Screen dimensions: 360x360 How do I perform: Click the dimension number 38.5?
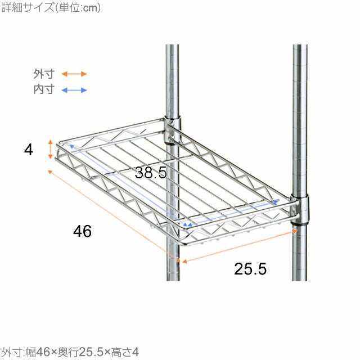151,173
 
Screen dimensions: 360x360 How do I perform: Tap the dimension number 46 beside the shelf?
82,231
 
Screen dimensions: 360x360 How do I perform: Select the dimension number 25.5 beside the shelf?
250,269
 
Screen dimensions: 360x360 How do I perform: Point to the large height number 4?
29,150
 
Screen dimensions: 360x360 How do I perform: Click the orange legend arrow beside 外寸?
74,74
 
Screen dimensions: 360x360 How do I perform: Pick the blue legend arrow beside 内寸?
74,90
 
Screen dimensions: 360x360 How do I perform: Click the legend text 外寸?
44,74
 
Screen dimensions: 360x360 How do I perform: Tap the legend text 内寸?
44,89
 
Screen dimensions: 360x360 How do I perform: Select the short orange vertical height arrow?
51,150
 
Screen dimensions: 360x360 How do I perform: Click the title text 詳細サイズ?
28,7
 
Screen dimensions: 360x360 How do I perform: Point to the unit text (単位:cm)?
78,8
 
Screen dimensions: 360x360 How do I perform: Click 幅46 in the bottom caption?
38,352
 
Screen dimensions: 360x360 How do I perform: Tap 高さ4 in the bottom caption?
124,352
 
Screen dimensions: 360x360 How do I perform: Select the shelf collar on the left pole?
173,130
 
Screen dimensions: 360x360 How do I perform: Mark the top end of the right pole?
300,45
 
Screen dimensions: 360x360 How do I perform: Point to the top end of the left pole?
172,45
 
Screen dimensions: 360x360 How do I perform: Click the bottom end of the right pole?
299,280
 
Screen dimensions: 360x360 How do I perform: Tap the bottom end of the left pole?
173,280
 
